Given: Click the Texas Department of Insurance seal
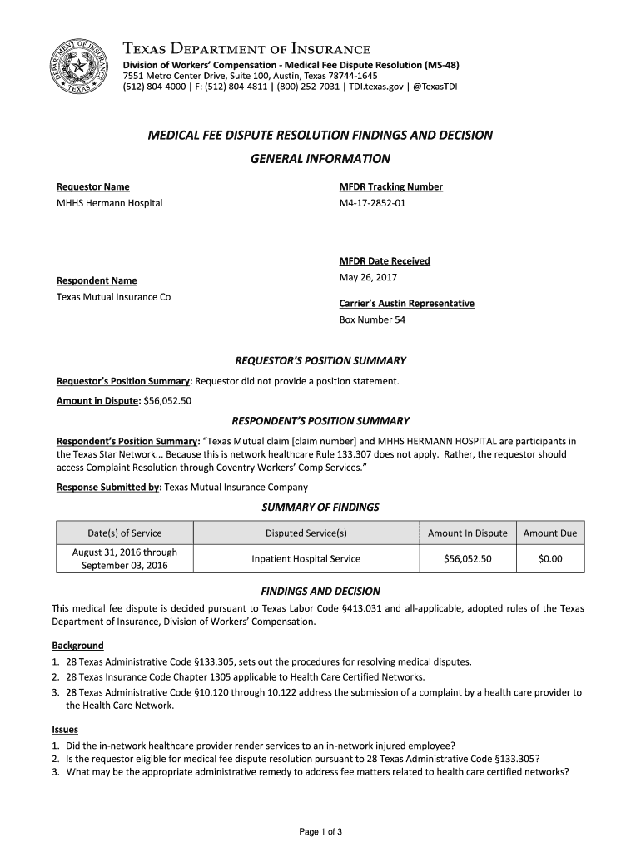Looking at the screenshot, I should tap(79, 65).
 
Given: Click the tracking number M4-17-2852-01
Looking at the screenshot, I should tap(372, 203).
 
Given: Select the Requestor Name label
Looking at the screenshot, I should tap(92, 186).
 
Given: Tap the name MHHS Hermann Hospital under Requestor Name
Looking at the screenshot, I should tap(109, 203).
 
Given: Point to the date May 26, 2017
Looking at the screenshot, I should tap(368, 277).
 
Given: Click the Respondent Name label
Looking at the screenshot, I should tap(97, 280).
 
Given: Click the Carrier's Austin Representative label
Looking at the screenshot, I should tap(406, 304).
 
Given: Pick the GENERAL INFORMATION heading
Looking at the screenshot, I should tap(320, 159).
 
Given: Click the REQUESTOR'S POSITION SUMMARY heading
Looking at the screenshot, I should tap(320, 361).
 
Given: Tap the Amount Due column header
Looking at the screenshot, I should tap(550, 533).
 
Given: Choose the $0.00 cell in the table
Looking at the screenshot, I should tap(550, 559).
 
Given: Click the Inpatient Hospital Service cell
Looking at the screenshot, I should tap(306, 559).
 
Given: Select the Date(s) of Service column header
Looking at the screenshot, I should tap(125, 533).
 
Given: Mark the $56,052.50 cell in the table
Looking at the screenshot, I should tap(467, 559).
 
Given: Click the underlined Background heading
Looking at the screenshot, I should tap(77, 646).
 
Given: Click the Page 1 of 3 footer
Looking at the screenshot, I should tap(320, 832).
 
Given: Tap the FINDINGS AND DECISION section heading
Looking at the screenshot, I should tap(320, 592).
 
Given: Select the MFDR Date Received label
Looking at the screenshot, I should tap(385, 261).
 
